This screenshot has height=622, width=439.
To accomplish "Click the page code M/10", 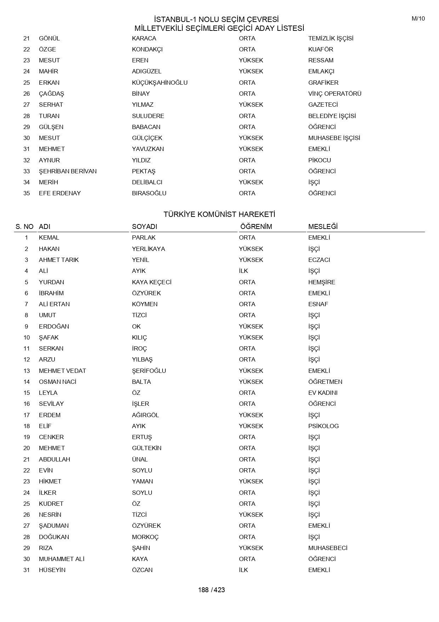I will click(418, 19).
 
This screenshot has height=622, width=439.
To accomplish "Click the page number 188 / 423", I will click(211, 590).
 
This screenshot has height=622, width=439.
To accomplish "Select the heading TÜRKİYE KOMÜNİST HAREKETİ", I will click(219, 214).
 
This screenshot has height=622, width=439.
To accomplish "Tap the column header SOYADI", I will click(144, 226).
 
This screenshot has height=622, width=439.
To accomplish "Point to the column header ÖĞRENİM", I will click(256, 226).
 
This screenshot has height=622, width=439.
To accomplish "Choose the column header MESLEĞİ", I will click(323, 226).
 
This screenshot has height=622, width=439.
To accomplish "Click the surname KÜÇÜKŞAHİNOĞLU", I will click(160, 83).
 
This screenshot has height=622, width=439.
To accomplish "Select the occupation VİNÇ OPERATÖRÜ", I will click(335, 94).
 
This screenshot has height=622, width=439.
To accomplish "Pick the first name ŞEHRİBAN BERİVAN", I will click(68, 171).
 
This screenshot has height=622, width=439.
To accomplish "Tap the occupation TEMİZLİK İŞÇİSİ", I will click(331, 38).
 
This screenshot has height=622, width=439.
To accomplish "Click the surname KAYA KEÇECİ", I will click(152, 282).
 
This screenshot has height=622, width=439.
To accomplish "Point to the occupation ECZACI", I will click(319, 260).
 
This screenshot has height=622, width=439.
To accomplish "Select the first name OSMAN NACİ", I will click(58, 382).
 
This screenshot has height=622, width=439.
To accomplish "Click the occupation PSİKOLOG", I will click(323, 426).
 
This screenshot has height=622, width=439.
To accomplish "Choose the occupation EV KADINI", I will click(323, 393).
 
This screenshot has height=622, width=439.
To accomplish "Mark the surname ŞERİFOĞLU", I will click(149, 371).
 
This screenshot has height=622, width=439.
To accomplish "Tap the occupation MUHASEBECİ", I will click(327, 548).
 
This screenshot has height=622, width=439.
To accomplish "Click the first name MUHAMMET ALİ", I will click(62, 559).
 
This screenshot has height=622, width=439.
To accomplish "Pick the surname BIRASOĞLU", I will click(149, 193).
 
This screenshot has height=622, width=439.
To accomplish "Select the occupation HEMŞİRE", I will click(321, 282).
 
